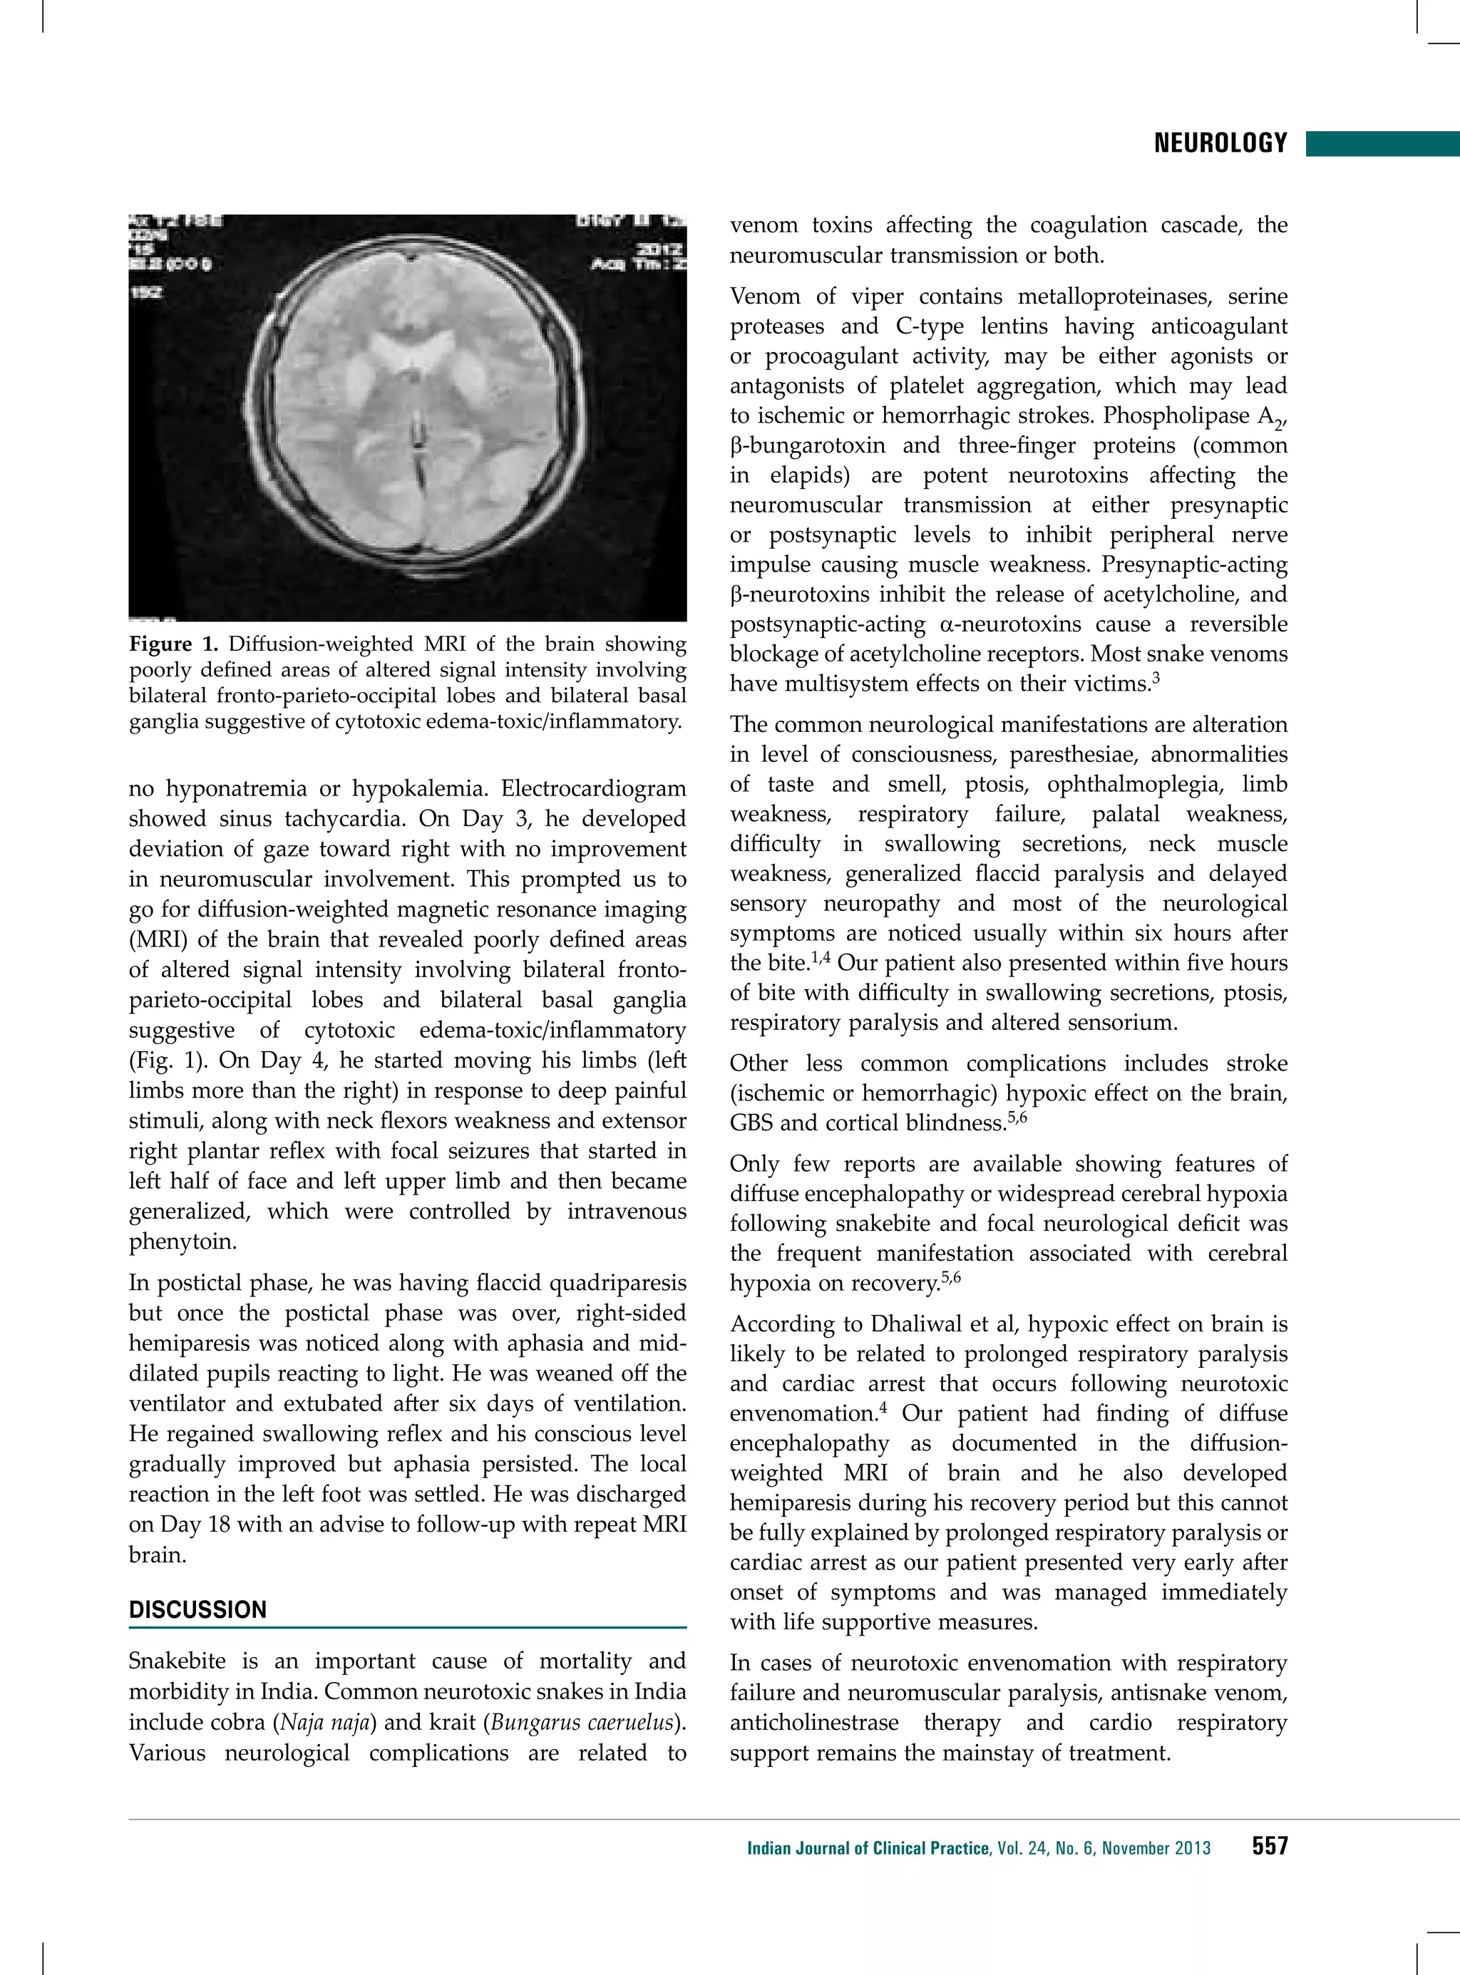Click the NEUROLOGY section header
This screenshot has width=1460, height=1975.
point(1220,143)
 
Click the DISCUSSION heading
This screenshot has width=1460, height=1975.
point(198,1609)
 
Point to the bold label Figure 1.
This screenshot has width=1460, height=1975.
point(173,644)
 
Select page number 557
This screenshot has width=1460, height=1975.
point(1269,1845)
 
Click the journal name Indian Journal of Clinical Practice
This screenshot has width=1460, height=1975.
point(868,1847)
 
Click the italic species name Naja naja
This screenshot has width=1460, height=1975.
point(324,1722)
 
